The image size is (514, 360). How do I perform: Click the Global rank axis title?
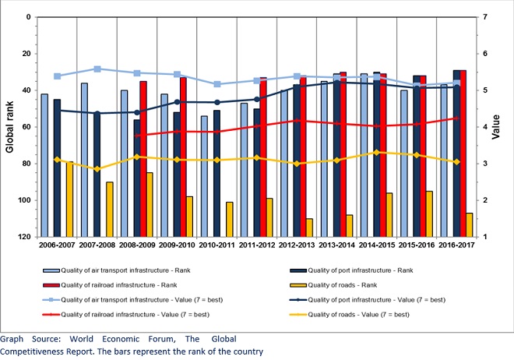10,126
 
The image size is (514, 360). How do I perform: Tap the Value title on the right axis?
507,126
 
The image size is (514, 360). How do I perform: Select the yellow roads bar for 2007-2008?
110,209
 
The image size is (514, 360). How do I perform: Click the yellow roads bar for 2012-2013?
310,227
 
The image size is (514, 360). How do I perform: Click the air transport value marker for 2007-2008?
97,69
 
